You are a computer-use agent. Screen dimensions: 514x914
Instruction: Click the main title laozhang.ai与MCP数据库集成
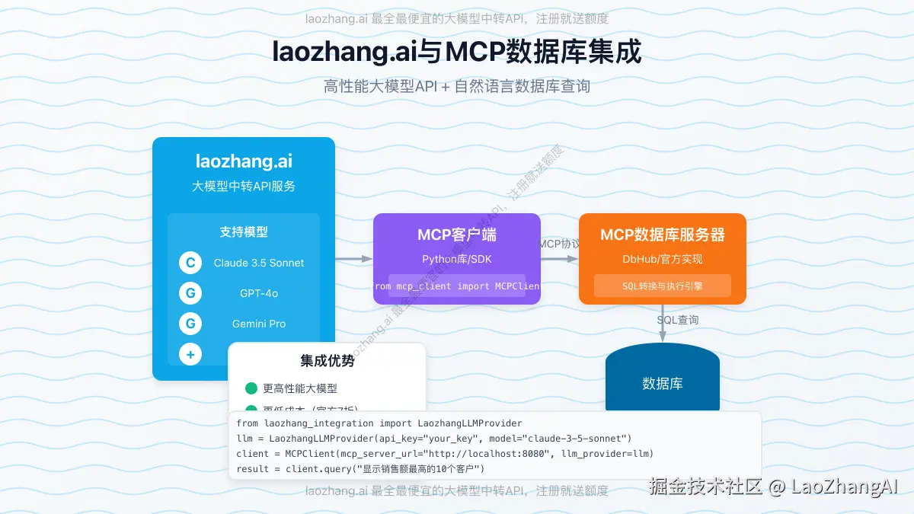pos(457,52)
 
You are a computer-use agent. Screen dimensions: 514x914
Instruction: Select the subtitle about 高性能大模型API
pos(457,86)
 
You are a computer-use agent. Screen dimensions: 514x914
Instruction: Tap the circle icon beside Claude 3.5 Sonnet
pos(190,263)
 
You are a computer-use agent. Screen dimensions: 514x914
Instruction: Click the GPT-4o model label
pos(259,293)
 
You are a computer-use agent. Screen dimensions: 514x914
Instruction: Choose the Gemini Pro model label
pos(259,324)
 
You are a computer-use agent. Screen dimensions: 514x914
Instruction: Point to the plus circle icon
pos(190,354)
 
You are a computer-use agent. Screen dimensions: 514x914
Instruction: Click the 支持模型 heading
pos(244,232)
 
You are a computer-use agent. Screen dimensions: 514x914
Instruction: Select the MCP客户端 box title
pos(457,235)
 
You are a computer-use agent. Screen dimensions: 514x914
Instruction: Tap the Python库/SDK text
pos(457,259)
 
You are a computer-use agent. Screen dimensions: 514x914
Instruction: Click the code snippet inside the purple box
pos(457,286)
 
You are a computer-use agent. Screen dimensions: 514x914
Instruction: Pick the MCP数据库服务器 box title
pos(663,235)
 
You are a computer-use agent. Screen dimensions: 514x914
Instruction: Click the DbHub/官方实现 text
pos(663,259)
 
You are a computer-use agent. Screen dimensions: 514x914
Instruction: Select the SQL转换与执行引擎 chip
pos(663,286)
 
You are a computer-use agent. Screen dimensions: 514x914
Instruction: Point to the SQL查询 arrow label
pos(678,320)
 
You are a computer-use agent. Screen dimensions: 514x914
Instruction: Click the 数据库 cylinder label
pos(663,384)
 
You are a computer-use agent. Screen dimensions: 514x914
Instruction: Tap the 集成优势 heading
pos(328,361)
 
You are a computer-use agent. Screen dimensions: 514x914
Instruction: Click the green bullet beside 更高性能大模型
pos(251,388)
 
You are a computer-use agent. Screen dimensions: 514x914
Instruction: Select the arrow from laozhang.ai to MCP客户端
pos(354,259)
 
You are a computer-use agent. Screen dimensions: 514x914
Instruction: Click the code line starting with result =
pos(360,468)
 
